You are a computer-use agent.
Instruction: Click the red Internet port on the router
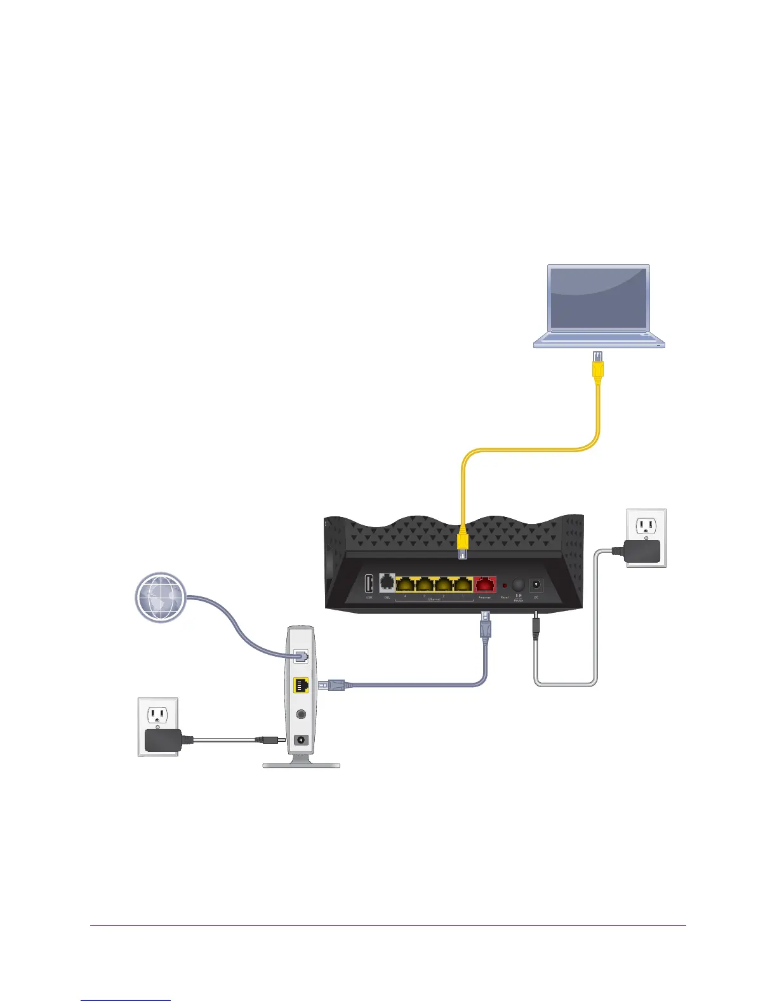[485, 584]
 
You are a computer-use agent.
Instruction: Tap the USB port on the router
[369, 584]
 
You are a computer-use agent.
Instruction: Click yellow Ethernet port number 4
[406, 584]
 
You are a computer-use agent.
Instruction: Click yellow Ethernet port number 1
[463, 584]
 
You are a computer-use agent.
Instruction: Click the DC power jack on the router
[536, 584]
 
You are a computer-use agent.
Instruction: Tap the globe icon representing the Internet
[161, 597]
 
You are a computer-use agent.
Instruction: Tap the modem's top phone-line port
[302, 657]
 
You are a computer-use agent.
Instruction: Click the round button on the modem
[302, 713]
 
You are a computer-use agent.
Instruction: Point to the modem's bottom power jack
[302, 740]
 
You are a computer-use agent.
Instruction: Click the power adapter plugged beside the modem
[162, 740]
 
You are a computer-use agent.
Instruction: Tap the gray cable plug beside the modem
[333, 685]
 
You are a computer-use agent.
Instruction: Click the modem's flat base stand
[302, 765]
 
